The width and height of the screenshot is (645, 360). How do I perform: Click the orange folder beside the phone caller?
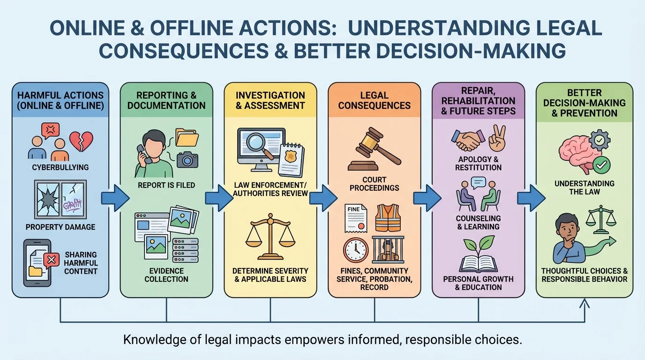coord(187,137)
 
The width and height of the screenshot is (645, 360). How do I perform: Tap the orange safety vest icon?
coord(387,217)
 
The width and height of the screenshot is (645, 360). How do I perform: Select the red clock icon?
coord(356,250)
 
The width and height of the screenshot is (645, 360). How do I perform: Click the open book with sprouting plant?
coord(478,255)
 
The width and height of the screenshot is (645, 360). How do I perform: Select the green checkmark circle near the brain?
coord(601,165)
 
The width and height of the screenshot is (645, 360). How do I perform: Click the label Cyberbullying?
coord(60,167)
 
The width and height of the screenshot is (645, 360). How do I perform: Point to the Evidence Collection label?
coord(166,275)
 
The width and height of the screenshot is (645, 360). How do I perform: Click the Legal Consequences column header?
coord(374,100)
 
